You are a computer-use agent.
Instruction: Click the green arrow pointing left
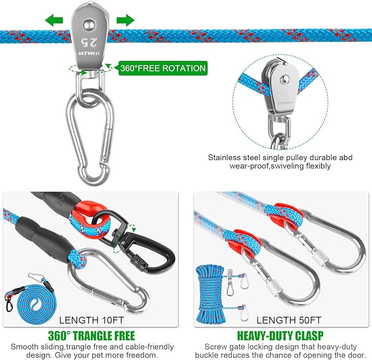(54, 20)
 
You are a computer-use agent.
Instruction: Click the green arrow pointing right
(125, 20)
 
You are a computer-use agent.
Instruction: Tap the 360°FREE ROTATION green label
(163, 68)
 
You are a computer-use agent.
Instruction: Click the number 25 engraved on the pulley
(89, 42)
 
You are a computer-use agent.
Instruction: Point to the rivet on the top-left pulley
(89, 25)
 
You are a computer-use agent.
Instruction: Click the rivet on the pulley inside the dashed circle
(284, 80)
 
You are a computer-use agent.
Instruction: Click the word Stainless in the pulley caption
(224, 158)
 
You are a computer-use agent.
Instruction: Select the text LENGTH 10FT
(91, 320)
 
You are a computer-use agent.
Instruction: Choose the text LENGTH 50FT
(289, 320)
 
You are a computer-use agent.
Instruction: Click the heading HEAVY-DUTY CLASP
(281, 336)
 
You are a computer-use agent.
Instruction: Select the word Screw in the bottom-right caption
(215, 347)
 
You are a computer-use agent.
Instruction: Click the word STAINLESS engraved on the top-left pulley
(89, 54)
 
